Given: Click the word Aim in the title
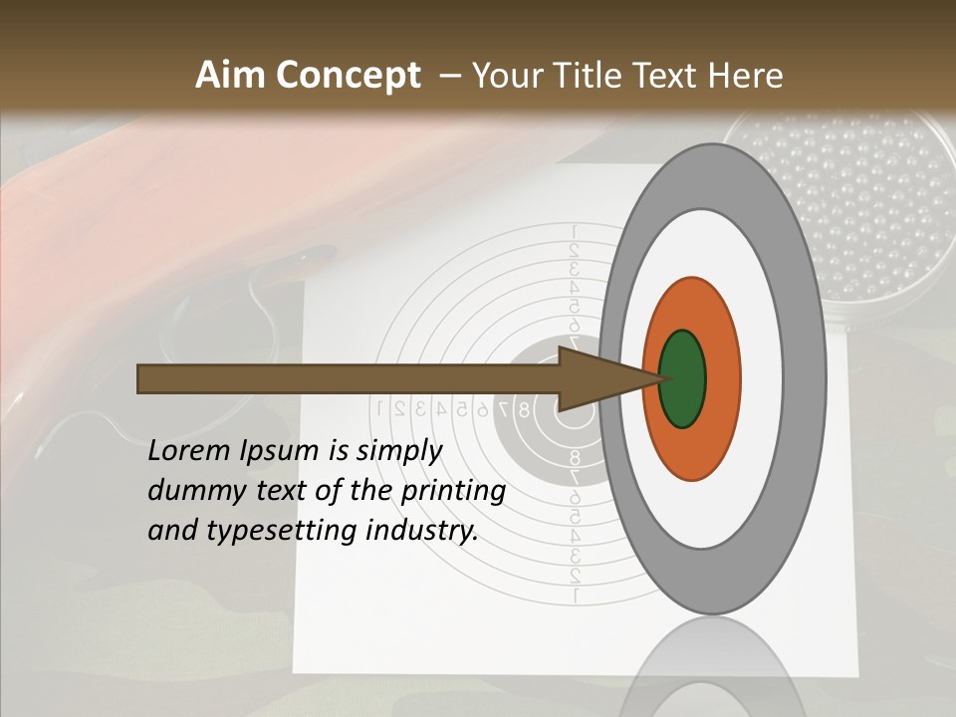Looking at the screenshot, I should click(229, 76).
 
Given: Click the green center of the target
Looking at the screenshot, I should click(682, 378).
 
